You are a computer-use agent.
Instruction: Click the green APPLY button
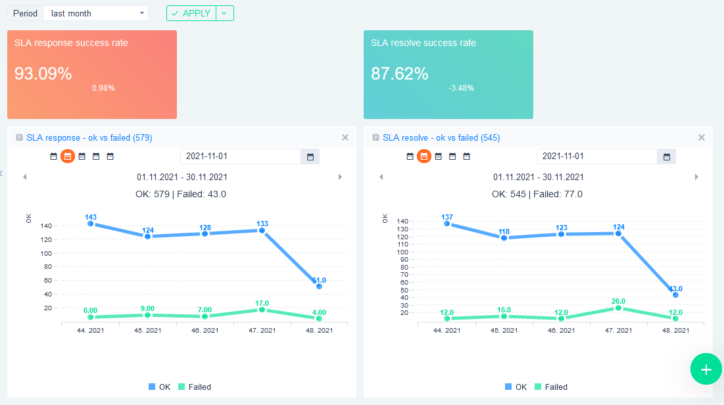coord(191,13)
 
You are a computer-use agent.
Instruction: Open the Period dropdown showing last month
coord(96,13)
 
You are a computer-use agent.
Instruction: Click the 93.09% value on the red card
coord(43,74)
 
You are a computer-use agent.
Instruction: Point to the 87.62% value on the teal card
coord(400,74)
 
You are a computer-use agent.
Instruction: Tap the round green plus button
coord(706,369)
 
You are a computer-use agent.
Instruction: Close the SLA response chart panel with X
coord(345,137)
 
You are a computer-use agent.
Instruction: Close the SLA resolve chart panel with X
coord(702,137)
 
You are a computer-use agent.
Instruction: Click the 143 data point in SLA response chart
coord(91,224)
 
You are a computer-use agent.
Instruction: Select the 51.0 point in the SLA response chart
coord(319,286)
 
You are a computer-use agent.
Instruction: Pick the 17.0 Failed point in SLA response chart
coord(262,310)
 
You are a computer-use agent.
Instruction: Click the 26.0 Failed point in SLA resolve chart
coord(618,308)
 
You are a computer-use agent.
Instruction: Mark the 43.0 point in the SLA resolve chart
coord(675,295)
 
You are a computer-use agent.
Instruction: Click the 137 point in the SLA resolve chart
coord(447,224)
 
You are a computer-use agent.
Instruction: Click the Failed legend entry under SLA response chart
coord(195,387)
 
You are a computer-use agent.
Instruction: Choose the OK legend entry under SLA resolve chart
coord(516,387)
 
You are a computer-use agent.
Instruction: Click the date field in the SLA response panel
coord(241,156)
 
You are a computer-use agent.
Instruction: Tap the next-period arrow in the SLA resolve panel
coord(696,177)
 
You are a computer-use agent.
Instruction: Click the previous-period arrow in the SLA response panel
coord(25,177)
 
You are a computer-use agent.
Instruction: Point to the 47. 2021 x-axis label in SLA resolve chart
coord(618,331)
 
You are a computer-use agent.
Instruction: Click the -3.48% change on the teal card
coord(461,88)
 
